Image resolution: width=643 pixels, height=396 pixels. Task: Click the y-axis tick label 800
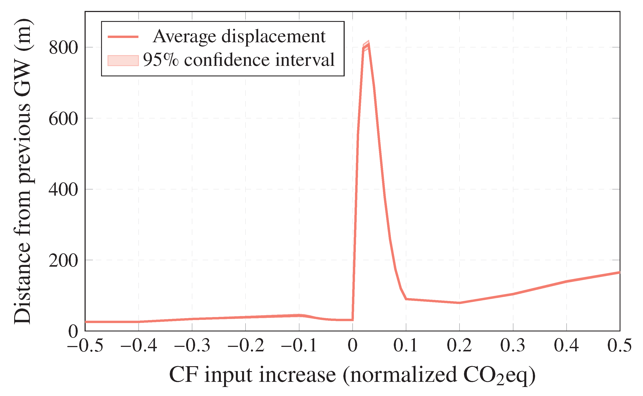63,48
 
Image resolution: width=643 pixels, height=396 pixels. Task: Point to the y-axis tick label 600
63,119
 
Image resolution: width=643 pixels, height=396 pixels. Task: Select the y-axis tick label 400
63,190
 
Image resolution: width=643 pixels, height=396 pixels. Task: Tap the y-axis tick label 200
63,261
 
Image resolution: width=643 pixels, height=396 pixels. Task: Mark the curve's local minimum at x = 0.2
459,303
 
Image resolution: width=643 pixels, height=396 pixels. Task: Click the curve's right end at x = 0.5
619,272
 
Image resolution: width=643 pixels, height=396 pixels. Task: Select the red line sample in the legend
123,37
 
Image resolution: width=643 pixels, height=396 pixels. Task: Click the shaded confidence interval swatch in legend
123,60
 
